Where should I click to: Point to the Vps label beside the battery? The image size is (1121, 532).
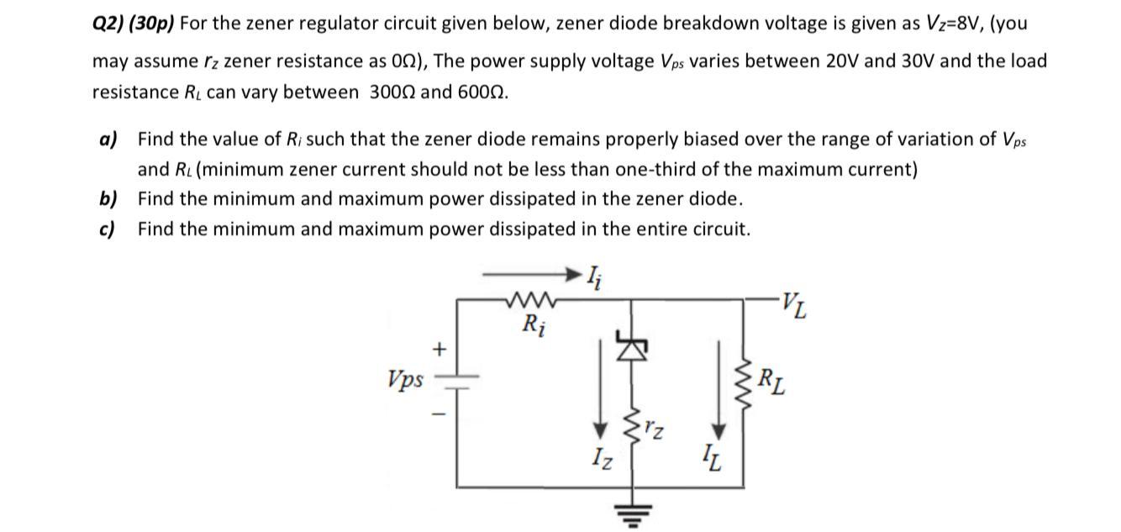406,378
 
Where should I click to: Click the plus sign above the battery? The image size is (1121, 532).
437,348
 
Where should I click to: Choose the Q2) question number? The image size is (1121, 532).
107,23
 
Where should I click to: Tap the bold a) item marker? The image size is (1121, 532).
108,139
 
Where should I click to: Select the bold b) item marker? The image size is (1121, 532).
108,199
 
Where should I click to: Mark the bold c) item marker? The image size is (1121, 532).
107,229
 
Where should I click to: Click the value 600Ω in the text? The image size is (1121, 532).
482,92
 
